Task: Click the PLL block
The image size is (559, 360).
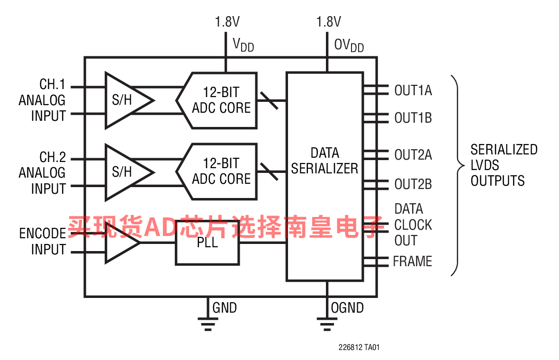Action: click(207, 243)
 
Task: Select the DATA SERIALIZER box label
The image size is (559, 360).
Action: click(325, 161)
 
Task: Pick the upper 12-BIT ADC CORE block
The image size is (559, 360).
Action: click(218, 100)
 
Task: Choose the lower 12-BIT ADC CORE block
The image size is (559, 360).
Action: click(218, 171)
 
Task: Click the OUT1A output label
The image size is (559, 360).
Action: click(413, 90)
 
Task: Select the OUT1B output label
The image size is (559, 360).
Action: click(413, 118)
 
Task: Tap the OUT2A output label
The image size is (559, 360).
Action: click(413, 155)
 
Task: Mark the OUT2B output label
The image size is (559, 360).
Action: click(413, 184)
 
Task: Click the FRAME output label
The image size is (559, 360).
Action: click(412, 261)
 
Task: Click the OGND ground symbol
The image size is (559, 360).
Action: click(326, 324)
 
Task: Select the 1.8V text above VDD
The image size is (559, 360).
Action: click(227, 22)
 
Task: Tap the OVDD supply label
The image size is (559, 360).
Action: click(349, 45)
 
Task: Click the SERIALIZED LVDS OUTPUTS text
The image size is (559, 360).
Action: click(504, 165)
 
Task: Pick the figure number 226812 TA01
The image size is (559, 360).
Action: click(359, 348)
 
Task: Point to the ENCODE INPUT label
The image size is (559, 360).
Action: click(42, 242)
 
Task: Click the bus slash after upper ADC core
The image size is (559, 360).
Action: click(270, 100)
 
